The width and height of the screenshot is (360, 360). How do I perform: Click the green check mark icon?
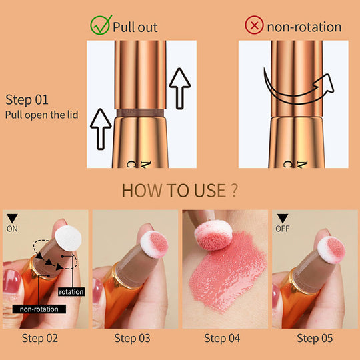(x=99, y=25)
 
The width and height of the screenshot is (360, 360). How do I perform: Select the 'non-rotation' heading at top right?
(x=303, y=27)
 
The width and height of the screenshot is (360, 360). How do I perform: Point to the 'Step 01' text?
(x=27, y=100)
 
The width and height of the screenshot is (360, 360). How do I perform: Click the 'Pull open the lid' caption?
(x=41, y=115)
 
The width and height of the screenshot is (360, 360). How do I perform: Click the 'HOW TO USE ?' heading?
(x=180, y=191)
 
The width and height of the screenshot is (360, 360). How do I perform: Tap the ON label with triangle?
(x=13, y=223)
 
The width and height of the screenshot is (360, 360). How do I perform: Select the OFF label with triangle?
(x=283, y=223)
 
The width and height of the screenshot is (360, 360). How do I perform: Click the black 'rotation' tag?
(x=71, y=291)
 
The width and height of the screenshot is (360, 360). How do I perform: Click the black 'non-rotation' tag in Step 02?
(x=39, y=309)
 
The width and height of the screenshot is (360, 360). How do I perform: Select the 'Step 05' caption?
(x=314, y=338)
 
